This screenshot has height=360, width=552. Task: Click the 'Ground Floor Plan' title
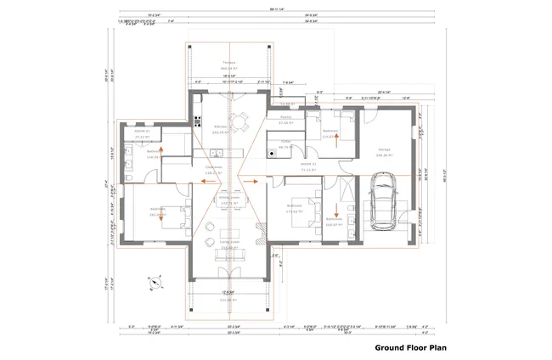click(411, 347)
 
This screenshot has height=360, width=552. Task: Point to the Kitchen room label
click(222, 127)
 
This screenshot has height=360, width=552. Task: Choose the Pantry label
click(285, 119)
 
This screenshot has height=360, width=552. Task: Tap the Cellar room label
click(286, 143)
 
